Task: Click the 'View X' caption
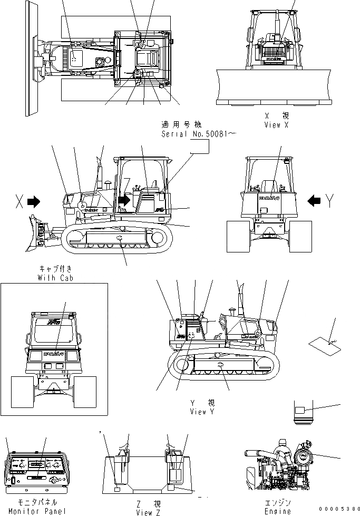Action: tap(277, 125)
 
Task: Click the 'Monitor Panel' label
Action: tap(37, 511)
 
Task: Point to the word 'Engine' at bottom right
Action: tap(278, 511)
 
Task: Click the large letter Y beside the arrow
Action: tap(330, 201)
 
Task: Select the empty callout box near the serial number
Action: tap(199, 147)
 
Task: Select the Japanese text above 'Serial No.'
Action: tap(182, 125)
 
